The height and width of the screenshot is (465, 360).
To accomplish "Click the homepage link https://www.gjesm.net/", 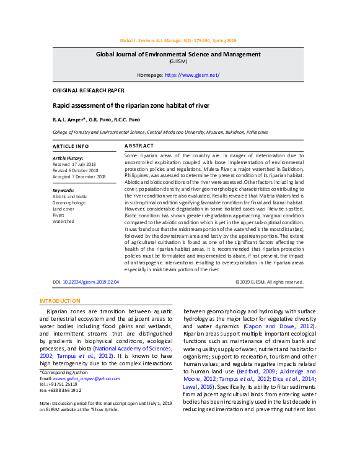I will (192, 75).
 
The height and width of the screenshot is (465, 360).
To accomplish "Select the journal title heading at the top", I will (178, 54).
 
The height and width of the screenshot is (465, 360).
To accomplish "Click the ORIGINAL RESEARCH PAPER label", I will (88, 90).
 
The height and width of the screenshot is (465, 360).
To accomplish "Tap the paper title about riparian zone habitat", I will (131, 106).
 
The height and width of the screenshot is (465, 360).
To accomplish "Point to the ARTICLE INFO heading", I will (71, 146).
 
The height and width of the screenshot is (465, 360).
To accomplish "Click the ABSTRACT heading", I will (139, 146).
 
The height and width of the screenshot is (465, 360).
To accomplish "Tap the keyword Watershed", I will (64, 220).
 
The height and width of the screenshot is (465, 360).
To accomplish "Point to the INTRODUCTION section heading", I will (60, 301).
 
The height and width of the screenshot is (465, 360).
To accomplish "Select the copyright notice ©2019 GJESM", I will (270, 282).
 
